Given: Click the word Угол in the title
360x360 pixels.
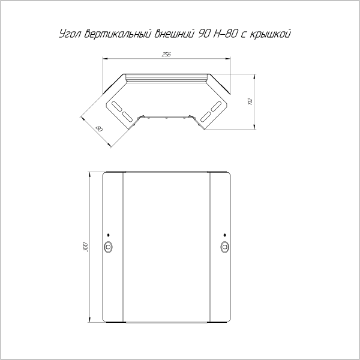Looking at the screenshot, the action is point(70,34).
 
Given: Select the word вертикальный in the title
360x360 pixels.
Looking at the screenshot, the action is point(118,34).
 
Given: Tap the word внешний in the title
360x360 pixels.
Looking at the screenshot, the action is point(173,34).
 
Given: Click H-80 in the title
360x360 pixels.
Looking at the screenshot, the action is point(225,34).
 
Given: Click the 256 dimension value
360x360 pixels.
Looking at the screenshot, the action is point(166,55).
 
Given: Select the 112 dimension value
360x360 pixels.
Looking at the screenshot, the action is point(250,101).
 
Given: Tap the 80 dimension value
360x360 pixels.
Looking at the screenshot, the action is point(99,128).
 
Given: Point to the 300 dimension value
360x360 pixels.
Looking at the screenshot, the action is point(85,247).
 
